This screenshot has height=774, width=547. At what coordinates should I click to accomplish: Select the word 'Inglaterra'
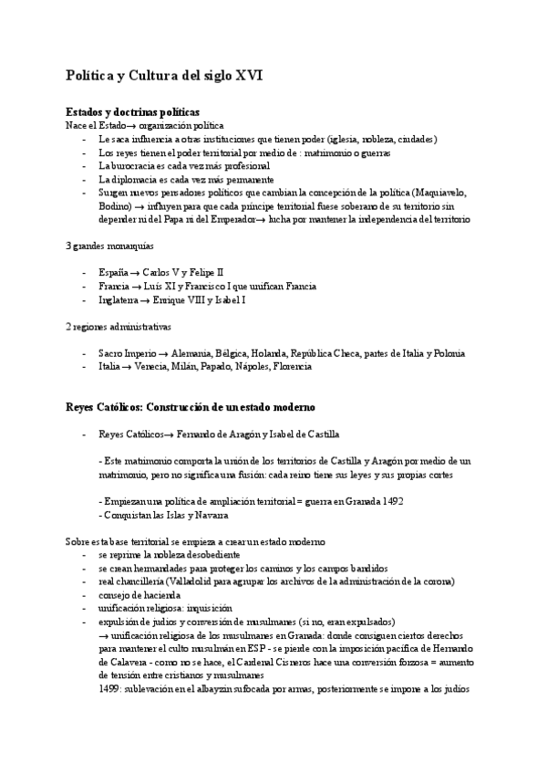[120, 299]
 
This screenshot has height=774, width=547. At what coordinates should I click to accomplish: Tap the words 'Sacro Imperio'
[127, 353]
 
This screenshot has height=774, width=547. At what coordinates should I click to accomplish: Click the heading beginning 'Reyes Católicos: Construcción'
[191, 405]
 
